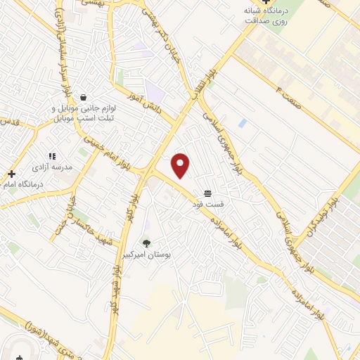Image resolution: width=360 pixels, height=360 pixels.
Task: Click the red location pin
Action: [x=181, y=165]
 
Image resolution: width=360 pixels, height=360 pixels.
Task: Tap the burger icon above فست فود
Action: [x=208, y=193]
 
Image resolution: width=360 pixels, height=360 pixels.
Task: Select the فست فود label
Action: [x=208, y=204]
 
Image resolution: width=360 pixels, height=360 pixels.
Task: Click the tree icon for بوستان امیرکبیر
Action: [x=146, y=243]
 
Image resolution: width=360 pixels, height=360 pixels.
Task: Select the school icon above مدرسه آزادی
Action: [x=51, y=156]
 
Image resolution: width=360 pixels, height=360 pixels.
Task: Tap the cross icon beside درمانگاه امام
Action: [x=12, y=173]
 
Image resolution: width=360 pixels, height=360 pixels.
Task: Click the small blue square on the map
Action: [x=243, y=123]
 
